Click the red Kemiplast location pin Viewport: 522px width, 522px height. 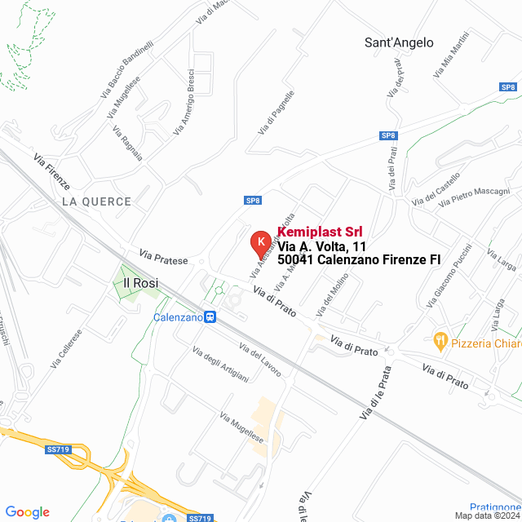(260, 243)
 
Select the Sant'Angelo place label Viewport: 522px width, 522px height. (399, 42)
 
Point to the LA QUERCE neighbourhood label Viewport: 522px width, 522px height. (95, 201)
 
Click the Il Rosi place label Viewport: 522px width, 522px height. (139, 283)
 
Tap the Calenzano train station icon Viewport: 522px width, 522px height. (210, 317)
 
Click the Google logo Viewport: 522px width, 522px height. (27, 511)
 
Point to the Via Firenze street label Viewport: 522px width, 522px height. (51, 170)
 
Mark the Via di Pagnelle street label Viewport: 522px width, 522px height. (276, 112)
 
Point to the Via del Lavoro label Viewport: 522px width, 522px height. (259, 359)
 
